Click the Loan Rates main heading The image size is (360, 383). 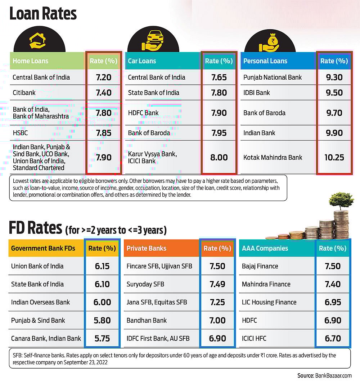click(43, 14)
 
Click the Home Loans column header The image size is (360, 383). click(30, 61)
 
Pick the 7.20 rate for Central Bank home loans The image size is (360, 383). click(103, 77)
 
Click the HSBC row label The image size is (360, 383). click(20, 133)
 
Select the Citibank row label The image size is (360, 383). click(24, 93)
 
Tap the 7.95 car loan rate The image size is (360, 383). click(219, 133)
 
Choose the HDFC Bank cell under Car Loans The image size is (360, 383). click(143, 113)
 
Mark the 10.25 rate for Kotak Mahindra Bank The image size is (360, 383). click(334, 157)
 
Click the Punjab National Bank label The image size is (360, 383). click(273, 77)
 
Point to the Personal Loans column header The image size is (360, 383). click(265, 61)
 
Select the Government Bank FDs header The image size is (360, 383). click(42, 248)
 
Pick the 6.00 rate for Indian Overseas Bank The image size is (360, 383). click(102, 302)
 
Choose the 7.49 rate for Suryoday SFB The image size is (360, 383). click(217, 284)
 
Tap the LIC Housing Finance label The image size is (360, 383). click(269, 302)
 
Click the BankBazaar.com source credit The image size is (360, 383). click(324, 376)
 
